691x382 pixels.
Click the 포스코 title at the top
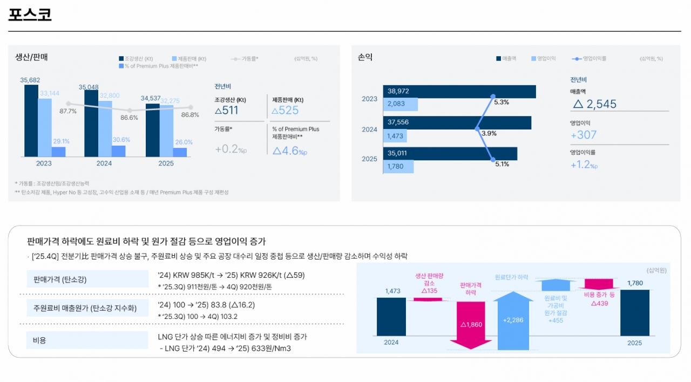pos(30,15)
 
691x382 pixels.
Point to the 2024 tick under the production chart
pos(105,163)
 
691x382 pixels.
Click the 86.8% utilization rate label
pos(190,115)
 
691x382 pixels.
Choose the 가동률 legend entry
pos(245,58)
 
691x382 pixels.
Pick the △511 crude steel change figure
pos(226,111)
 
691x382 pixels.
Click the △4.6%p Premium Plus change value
pos(289,151)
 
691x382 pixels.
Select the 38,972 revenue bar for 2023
pos(459,92)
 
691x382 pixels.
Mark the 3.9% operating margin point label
pos(489,133)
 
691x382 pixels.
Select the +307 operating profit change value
pos(584,135)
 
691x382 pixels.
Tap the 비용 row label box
pos(39,340)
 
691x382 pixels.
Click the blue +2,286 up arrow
pos(512,320)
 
